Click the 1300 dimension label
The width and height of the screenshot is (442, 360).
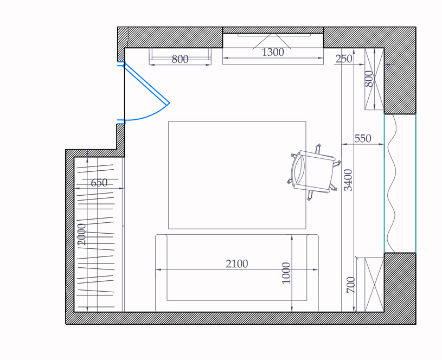click(273, 52)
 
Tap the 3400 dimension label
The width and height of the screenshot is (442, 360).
click(349, 180)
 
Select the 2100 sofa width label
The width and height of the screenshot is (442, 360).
click(237, 264)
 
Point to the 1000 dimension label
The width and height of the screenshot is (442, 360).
click(286, 273)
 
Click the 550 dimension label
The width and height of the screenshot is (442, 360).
click(363, 138)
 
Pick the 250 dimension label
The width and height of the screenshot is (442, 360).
click(344, 59)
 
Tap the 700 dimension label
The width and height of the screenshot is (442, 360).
click(350, 285)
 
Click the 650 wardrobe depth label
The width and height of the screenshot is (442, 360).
click(99, 183)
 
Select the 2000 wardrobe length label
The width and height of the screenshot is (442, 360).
click(81, 234)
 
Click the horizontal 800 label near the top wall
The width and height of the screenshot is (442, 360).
click(180, 59)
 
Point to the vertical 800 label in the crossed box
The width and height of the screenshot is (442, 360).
click(369, 79)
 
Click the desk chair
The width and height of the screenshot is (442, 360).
click(314, 172)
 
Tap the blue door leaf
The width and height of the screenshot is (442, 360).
click(146, 83)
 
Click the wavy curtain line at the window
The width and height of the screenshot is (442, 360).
click(392, 183)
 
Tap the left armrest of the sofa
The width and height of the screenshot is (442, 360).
click(161, 273)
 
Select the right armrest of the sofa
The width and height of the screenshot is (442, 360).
click(312, 273)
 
